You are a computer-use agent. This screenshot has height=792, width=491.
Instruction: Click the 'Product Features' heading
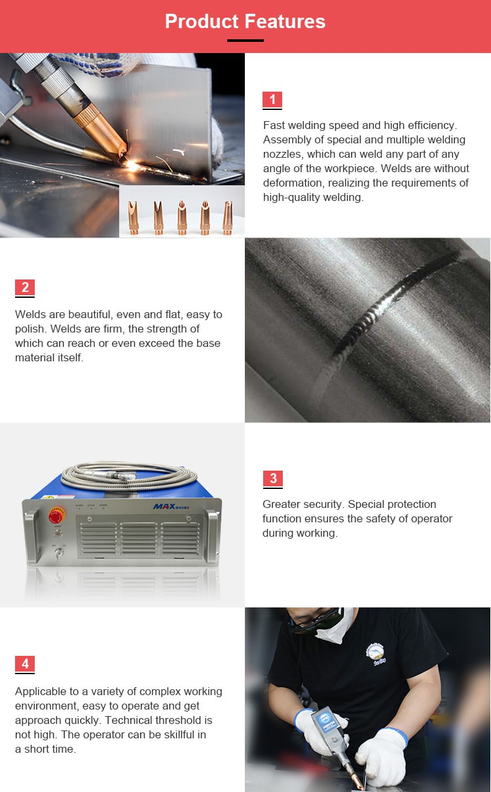click(245, 21)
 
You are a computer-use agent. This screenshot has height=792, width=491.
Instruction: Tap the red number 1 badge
click(272, 99)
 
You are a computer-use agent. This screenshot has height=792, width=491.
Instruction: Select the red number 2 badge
click(25, 287)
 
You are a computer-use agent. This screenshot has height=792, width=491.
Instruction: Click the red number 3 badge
click(273, 478)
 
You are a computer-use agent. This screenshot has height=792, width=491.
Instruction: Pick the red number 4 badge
click(25, 664)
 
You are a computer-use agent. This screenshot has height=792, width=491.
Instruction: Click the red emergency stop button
click(56, 516)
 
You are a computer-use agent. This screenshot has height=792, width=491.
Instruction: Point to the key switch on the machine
click(59, 553)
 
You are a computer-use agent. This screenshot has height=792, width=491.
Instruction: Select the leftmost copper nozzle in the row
click(133, 217)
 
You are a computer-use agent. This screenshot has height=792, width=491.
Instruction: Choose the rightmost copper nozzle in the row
click(227, 217)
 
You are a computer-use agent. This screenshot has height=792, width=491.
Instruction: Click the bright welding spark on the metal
click(132, 165)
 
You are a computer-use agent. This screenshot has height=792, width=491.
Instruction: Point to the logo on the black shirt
click(376, 653)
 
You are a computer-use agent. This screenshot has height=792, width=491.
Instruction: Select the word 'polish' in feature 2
click(29, 329)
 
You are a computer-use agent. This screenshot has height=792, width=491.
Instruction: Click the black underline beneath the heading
click(245, 41)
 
